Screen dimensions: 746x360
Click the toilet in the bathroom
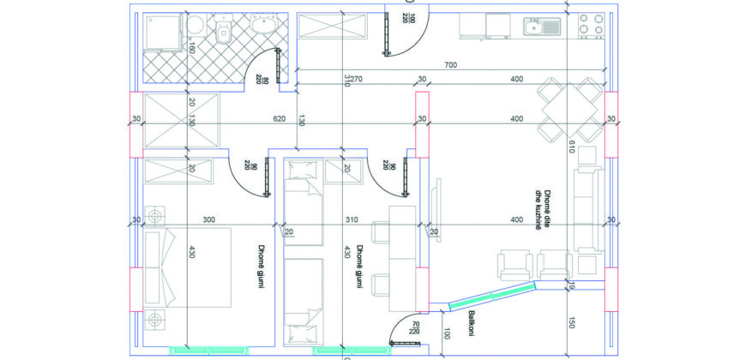point(223,27)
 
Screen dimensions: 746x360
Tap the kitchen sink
point(543,27)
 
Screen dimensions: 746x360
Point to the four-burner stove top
point(591,26)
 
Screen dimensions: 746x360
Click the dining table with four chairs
point(570,110)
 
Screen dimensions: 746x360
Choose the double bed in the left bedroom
point(188,267)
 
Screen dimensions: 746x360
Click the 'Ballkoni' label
point(472,324)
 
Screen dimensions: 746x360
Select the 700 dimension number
point(450,65)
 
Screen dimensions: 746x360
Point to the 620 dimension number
point(280,119)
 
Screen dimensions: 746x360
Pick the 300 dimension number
point(209,219)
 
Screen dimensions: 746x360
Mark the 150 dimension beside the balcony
point(571,322)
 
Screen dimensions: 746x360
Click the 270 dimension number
point(357,79)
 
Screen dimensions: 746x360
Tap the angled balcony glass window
point(492,296)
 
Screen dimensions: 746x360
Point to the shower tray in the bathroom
point(164,32)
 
